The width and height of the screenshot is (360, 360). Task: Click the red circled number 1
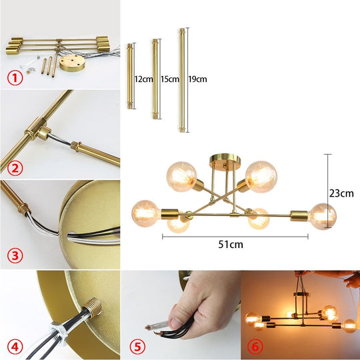pos(15,78)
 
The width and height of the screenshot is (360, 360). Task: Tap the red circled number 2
pos(15,168)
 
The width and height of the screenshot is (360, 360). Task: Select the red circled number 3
pos(15,255)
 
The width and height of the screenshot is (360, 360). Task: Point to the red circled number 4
pos(15,347)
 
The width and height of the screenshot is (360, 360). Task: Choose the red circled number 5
pos(137,347)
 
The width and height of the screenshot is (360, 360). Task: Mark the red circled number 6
pos(255,347)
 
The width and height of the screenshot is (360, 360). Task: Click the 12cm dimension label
pos(144,79)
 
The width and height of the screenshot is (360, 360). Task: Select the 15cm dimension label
pos(170,79)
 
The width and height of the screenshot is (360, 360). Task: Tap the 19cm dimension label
pos(197,79)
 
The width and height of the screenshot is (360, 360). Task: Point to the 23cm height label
pos(341,193)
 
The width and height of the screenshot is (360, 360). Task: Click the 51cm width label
pos(231,245)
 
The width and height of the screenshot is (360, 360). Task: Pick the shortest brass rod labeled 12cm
pos(130,76)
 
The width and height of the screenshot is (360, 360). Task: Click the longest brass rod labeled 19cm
pos(182,80)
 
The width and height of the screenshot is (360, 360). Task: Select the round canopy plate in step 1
pos(72,63)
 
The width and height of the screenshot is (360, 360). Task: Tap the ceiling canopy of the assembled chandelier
pos(225,160)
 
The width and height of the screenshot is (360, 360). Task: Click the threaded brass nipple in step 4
pos(92,307)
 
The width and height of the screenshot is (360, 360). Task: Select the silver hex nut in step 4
pos(60,330)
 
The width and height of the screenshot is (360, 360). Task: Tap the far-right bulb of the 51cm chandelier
pos(323,216)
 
